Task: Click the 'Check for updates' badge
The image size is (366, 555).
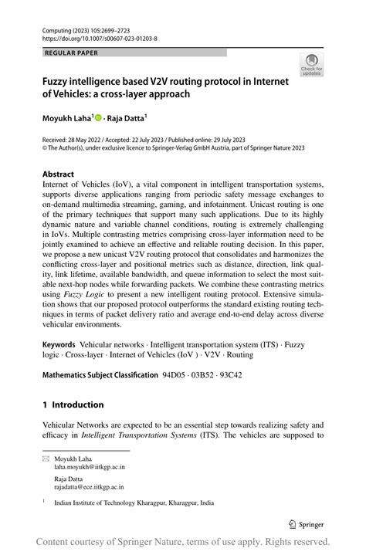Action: (x=312, y=65)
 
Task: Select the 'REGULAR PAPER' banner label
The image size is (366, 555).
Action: (x=72, y=52)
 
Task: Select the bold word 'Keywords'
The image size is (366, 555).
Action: (x=59, y=345)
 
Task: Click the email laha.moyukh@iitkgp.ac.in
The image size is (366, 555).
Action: (x=89, y=467)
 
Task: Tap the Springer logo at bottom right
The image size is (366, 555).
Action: (x=307, y=523)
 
